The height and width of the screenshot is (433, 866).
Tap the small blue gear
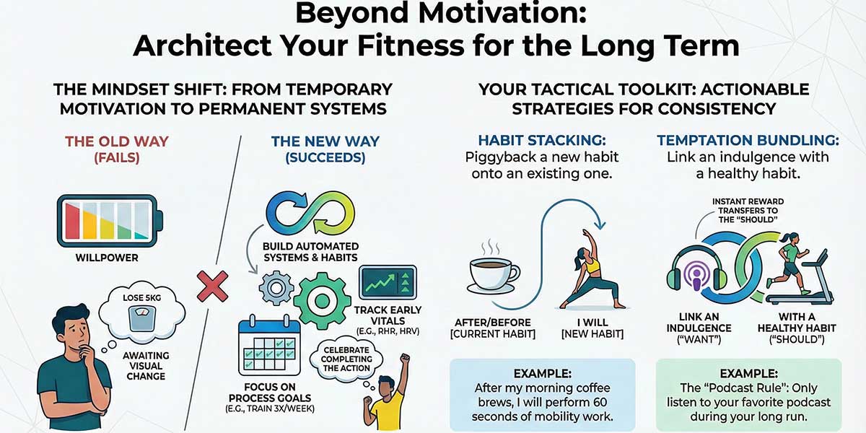click(x=276, y=288)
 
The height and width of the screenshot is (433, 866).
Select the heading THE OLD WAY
click(x=110, y=141)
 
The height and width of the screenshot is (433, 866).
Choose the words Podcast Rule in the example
click(x=722, y=389)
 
